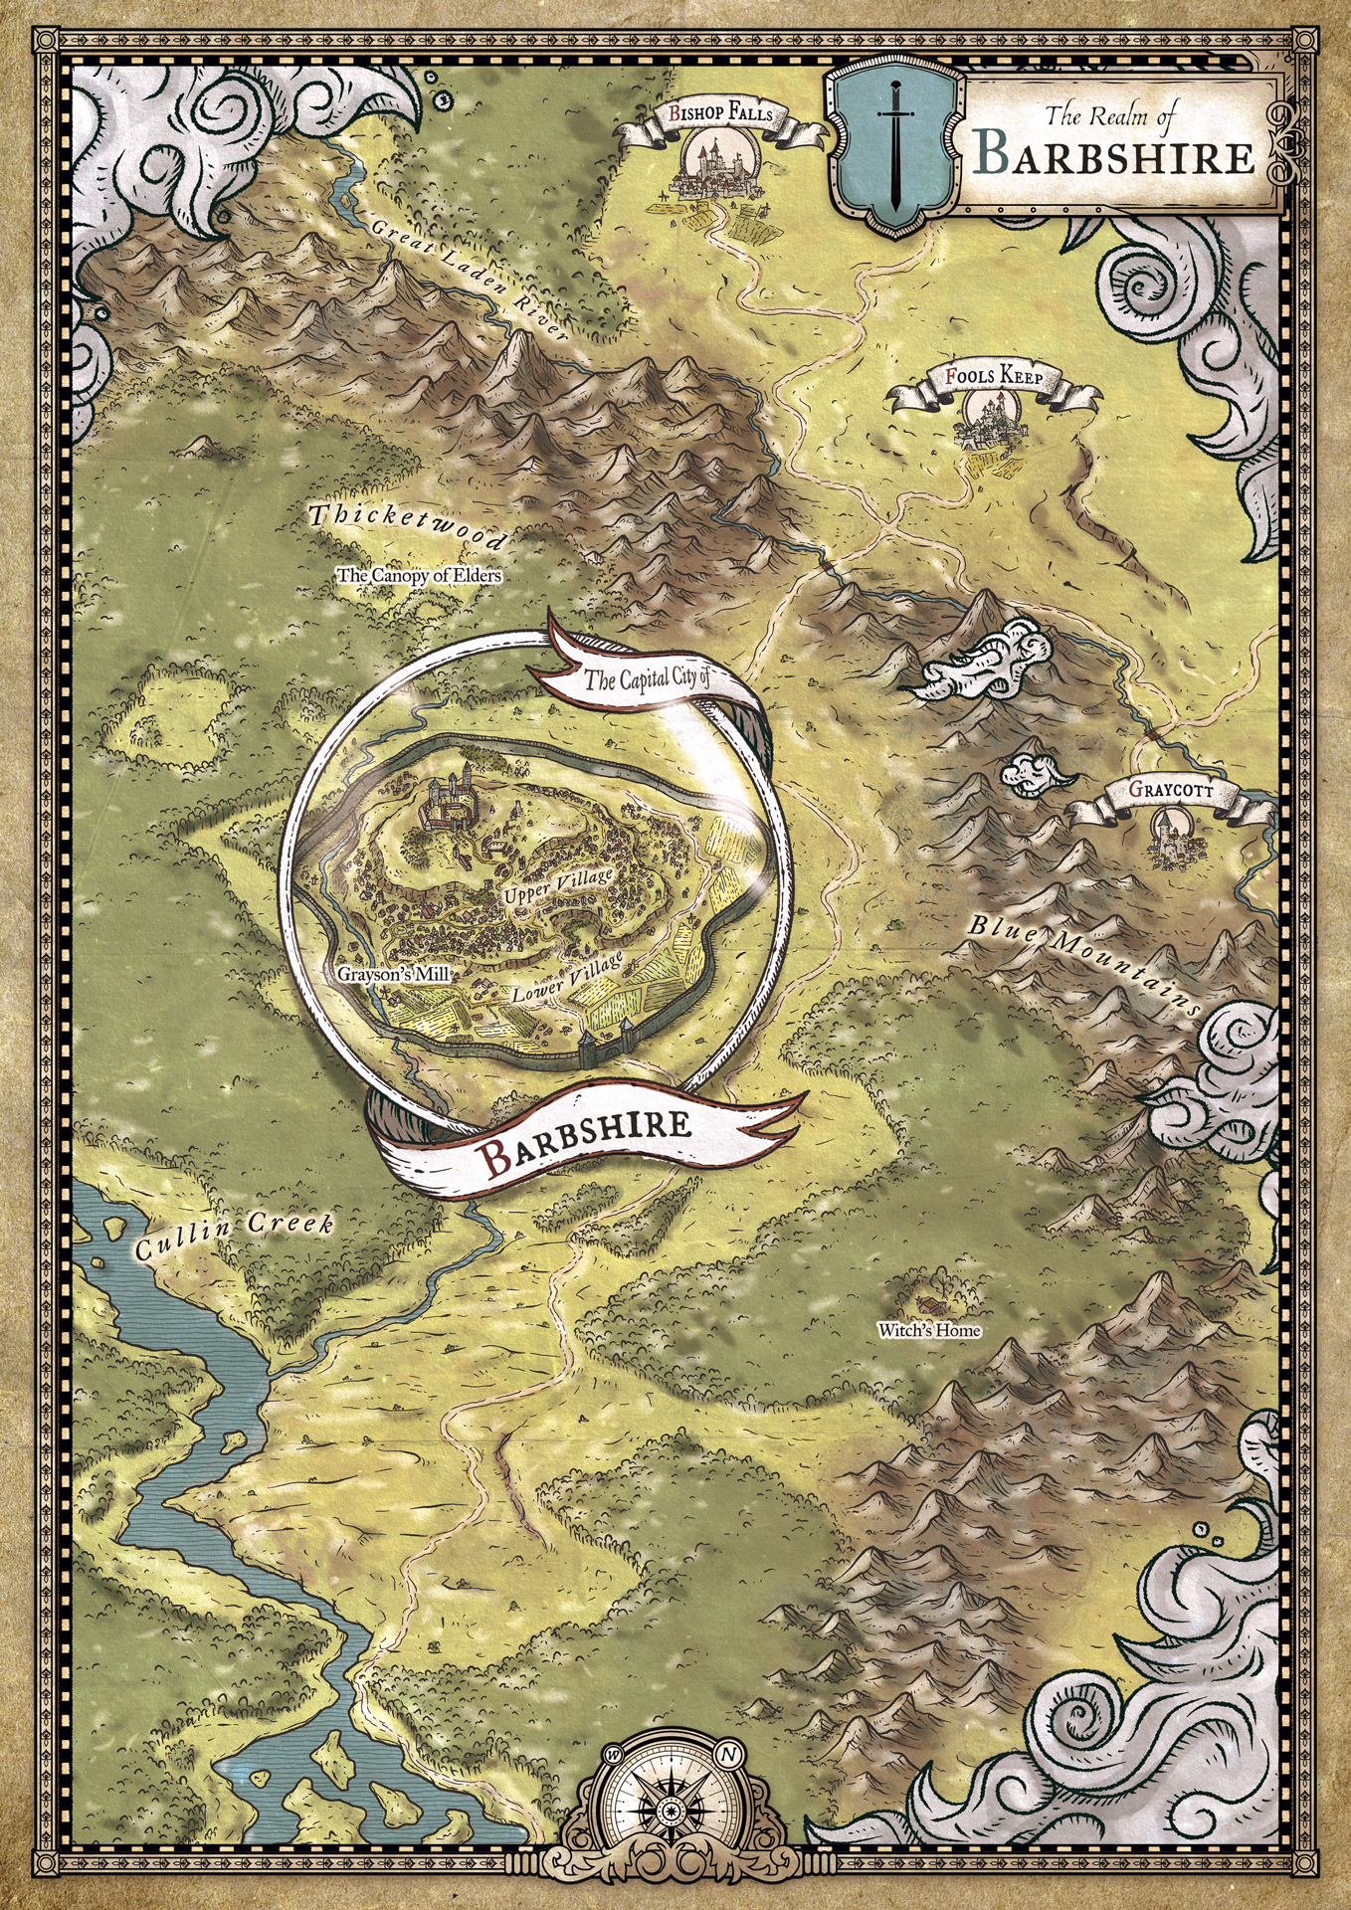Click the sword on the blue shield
(x=894, y=149)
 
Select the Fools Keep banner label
(x=994, y=378)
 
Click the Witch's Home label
(x=929, y=1330)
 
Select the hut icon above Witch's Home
(x=931, y=1303)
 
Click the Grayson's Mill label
(x=391, y=975)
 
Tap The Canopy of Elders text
(x=419, y=575)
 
